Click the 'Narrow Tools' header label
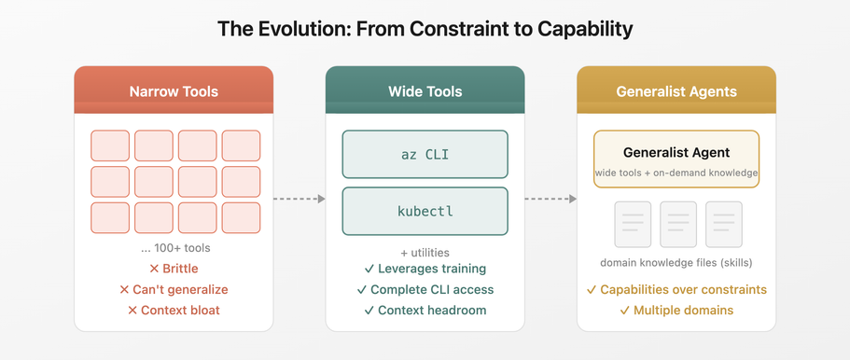pyautogui.click(x=174, y=91)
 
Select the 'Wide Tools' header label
pyautogui.click(x=425, y=91)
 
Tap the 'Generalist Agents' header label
pyautogui.click(x=676, y=91)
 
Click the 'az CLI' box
pyautogui.click(x=425, y=155)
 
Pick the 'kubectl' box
pyautogui.click(x=425, y=211)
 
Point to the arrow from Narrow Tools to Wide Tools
pyautogui.click(x=300, y=199)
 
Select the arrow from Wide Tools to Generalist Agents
pyautogui.click(x=550, y=199)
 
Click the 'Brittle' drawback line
pyautogui.click(x=174, y=269)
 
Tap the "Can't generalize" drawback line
pyautogui.click(x=174, y=289)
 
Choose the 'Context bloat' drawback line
pyautogui.click(x=174, y=311)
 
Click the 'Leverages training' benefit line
pyautogui.click(x=425, y=269)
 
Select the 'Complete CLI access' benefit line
pyautogui.click(x=425, y=289)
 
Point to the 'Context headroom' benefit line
pyautogui.click(x=425, y=311)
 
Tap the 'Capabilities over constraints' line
pyautogui.click(x=676, y=289)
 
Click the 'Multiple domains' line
pyautogui.click(x=676, y=311)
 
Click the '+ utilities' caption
pyautogui.click(x=425, y=253)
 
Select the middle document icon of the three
pyautogui.click(x=678, y=225)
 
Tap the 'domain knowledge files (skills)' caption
pyautogui.click(x=676, y=264)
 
